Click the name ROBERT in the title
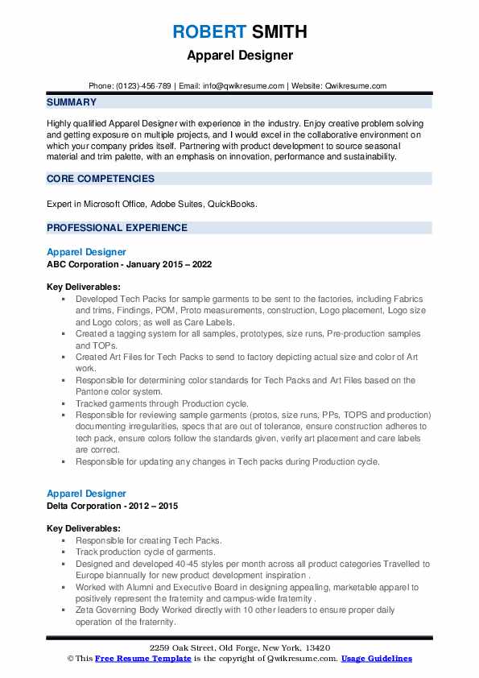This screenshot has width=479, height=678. (x=207, y=32)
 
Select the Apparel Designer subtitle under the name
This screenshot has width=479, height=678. (x=239, y=56)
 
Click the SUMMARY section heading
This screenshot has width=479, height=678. (x=72, y=102)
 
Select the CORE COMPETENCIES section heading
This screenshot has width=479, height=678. (x=100, y=179)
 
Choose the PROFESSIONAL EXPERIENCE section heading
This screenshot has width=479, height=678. (x=117, y=228)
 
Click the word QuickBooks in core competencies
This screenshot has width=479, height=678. (x=232, y=205)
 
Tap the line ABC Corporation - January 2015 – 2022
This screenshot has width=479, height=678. (x=129, y=263)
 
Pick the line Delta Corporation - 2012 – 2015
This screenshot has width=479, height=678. (x=112, y=506)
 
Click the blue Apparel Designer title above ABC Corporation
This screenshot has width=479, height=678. (x=86, y=252)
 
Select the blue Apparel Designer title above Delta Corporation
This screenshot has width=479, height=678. (x=86, y=494)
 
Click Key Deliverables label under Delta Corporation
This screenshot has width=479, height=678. (x=84, y=528)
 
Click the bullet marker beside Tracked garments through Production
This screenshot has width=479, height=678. (x=64, y=403)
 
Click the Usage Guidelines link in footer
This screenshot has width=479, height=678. (x=376, y=658)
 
